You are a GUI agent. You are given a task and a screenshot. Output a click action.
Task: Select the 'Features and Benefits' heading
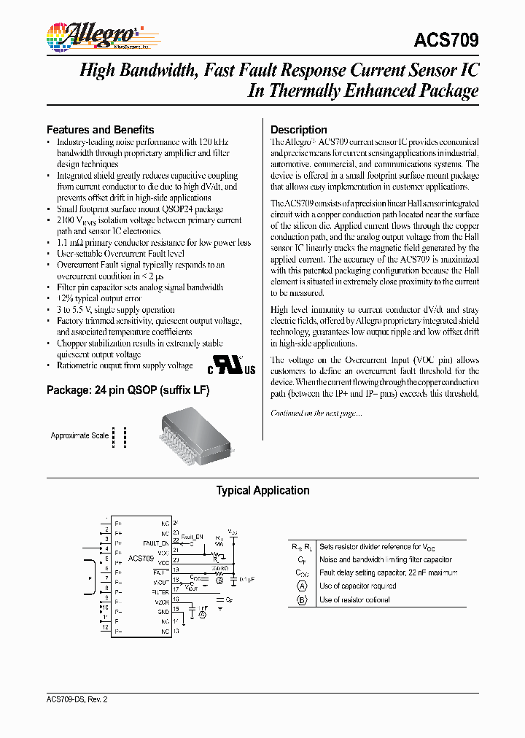point(100,129)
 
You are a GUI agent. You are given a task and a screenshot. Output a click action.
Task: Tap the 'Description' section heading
point(298,129)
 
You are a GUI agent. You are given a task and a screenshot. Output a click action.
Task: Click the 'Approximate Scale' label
point(79,435)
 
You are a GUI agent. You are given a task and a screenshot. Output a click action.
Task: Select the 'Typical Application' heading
point(262,491)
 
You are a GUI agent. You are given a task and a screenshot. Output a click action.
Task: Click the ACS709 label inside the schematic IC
point(141,558)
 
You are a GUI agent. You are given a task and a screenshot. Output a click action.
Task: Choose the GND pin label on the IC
point(163,612)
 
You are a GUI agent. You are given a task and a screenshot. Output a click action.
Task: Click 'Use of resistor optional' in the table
point(354,599)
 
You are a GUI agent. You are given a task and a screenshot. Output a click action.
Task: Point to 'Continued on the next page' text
point(316,413)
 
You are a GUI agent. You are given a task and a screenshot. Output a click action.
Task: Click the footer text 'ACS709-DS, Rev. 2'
point(76,699)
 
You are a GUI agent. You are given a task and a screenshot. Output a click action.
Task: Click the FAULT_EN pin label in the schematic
point(155,543)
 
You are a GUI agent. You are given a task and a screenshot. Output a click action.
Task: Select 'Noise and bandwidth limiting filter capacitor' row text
point(385,560)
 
